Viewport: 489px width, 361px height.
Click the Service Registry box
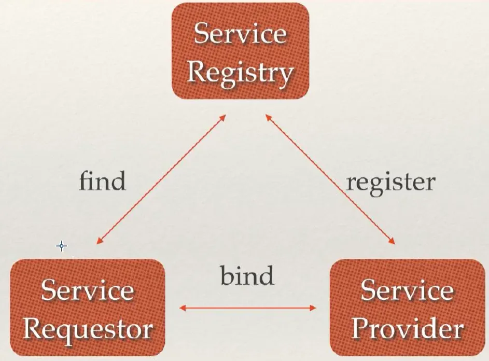[241, 50]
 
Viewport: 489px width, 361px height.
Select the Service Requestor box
[87, 307]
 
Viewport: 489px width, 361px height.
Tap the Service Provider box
[407, 307]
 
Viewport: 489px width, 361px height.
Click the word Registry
[241, 72]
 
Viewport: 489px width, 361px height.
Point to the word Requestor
[88, 329]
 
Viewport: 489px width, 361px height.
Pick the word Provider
[407, 329]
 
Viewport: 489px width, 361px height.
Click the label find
[103, 181]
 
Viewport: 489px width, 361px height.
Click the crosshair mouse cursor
[62, 246]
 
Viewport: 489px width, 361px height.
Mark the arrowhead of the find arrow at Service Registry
[223, 117]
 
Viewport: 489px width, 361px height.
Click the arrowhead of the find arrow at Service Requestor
[99, 242]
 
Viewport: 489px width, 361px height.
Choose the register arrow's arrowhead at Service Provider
[393, 241]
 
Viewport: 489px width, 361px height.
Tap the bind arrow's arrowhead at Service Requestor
[183, 308]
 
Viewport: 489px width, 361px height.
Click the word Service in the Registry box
[241, 34]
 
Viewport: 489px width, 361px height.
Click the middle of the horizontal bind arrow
[247, 308]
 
